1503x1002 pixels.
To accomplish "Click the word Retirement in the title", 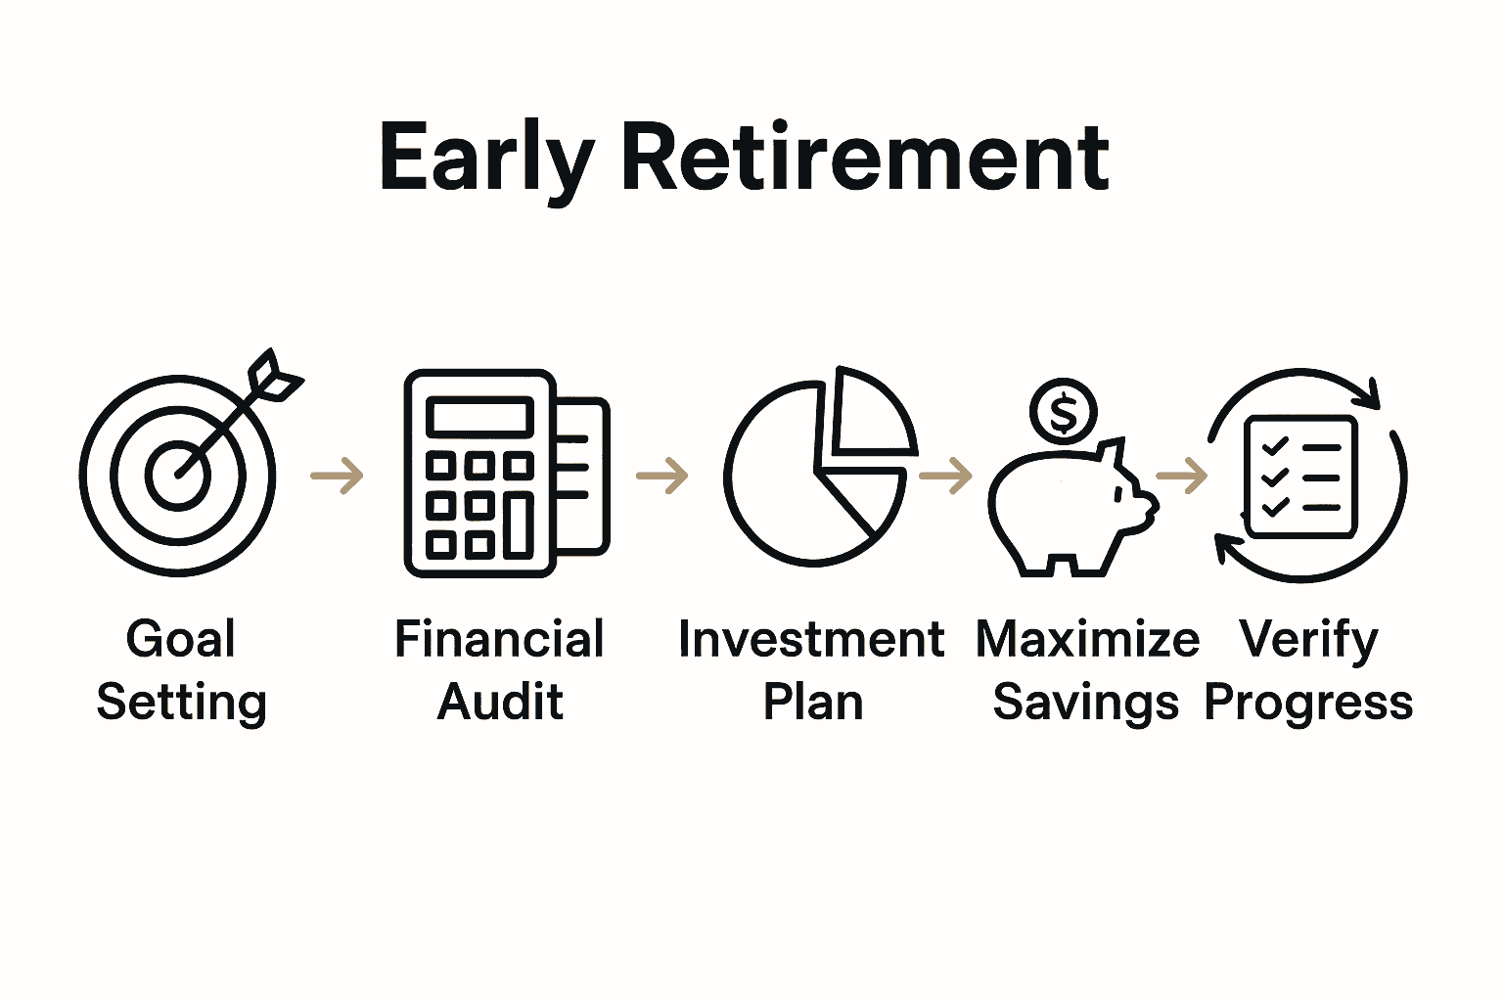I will point(865,158).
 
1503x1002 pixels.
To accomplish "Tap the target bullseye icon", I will point(179,475).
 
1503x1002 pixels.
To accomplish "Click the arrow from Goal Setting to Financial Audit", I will point(338,476).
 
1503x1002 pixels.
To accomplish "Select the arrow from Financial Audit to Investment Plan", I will point(662,476).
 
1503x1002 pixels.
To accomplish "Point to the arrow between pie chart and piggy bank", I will point(945,476).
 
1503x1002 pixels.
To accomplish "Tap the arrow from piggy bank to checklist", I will point(1181,476).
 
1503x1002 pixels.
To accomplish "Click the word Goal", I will point(181,640).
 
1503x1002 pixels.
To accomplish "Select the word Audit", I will point(500,703).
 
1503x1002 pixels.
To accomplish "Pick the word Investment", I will point(811,640).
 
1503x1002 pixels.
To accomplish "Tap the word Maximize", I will point(1087,640).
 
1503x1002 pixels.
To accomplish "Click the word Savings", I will point(1085,703).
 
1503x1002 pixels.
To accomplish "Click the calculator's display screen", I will point(479,417).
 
